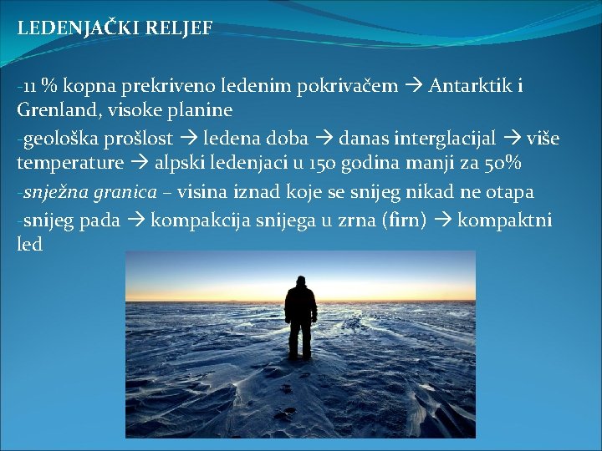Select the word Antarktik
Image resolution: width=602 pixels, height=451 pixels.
pyautogui.click(x=468, y=86)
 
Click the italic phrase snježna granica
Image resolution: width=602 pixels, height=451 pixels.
pyautogui.click(x=89, y=193)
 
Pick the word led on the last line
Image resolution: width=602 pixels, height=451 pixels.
pyautogui.click(x=29, y=246)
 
